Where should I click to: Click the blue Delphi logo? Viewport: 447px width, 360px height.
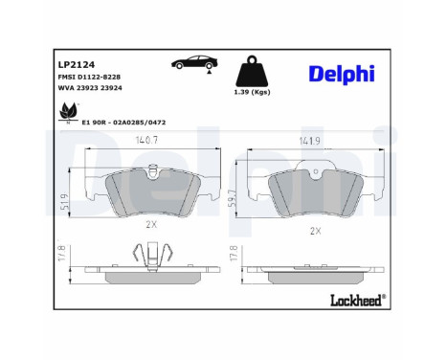pos(342,74)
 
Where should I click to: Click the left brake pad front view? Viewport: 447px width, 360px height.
pos(151,191)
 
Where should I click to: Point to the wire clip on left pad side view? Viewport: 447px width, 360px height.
pos(143,256)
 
